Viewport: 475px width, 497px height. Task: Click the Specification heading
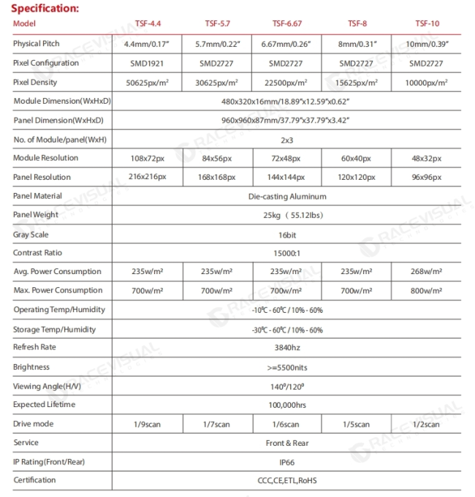pos(45,9)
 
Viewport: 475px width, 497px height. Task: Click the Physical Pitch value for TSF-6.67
pos(286,45)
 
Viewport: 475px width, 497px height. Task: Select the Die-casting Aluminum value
pos(286,197)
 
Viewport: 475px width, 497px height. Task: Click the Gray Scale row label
pos(31,235)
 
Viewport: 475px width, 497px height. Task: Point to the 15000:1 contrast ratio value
pos(286,254)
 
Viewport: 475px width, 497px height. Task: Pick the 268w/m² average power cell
pos(427,272)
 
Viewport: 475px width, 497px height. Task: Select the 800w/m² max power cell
pos(427,291)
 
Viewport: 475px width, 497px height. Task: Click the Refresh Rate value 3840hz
pos(286,348)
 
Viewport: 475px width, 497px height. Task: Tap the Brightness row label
pos(31,367)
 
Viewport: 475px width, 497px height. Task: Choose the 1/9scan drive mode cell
pos(148,425)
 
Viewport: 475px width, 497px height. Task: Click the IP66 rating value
pos(286,463)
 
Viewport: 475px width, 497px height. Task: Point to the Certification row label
pos(34,480)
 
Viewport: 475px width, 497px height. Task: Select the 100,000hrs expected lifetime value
pos(286,405)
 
